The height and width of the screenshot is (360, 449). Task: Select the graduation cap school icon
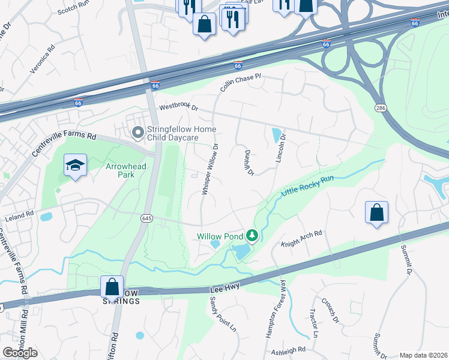[x=76, y=166]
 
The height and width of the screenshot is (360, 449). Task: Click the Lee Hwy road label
[x=225, y=289]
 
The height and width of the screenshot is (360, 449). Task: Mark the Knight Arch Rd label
[x=303, y=238]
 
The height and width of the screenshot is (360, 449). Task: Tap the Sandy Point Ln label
[x=223, y=316]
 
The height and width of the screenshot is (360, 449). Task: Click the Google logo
[x=20, y=353]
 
